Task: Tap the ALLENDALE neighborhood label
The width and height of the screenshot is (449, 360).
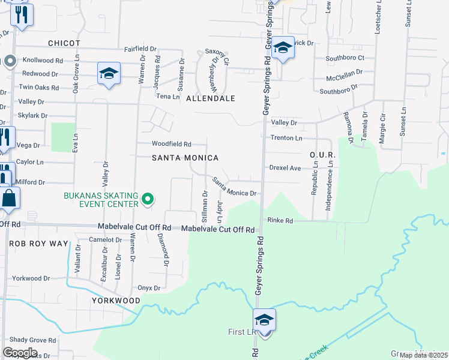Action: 210,98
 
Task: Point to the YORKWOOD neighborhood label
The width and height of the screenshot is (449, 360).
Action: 115,300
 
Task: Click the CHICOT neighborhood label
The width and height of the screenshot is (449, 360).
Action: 64,43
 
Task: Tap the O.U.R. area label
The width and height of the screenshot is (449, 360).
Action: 322,155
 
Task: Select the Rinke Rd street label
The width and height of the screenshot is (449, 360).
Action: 280,221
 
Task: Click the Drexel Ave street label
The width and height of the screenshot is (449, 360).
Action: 285,169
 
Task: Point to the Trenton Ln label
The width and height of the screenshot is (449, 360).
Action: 286,138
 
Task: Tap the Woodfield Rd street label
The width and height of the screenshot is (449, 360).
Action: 171,144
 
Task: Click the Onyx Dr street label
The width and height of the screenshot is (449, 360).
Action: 149,288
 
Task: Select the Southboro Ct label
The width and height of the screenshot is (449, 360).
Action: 345,58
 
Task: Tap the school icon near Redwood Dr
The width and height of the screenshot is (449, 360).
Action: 109,74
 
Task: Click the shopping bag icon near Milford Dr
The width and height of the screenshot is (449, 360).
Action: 10,198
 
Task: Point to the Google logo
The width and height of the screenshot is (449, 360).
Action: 19,352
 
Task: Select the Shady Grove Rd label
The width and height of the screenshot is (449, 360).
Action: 32,340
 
